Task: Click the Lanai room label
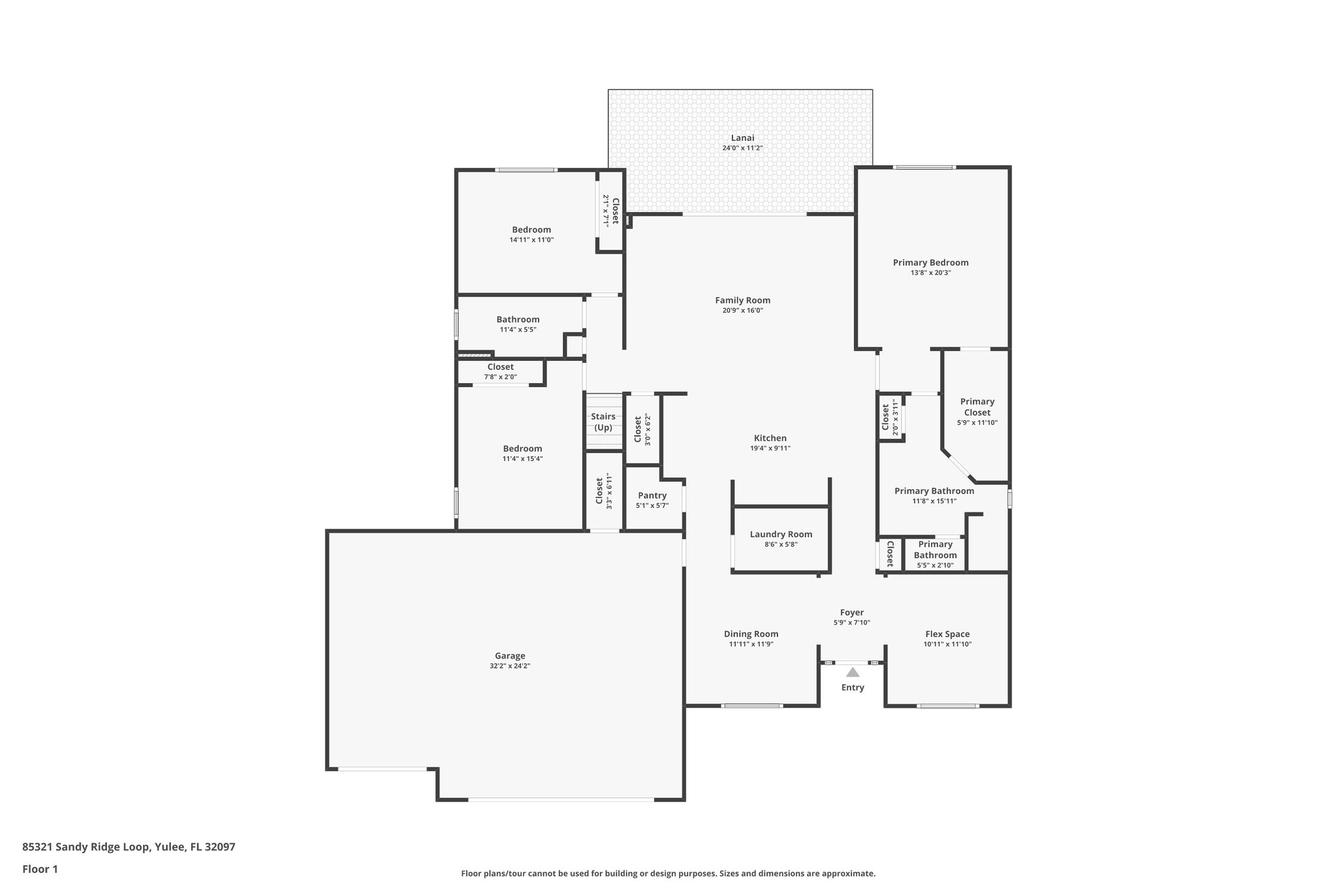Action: pyautogui.click(x=742, y=138)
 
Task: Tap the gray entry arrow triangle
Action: pyautogui.click(x=853, y=672)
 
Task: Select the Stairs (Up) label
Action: pyautogui.click(x=603, y=422)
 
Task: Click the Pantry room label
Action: pyautogui.click(x=652, y=495)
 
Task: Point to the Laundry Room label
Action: pyautogui.click(x=781, y=534)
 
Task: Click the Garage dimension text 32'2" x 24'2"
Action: pyautogui.click(x=509, y=666)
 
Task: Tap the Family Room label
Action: pyautogui.click(x=742, y=300)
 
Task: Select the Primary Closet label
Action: pyautogui.click(x=977, y=407)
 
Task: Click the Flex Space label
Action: pyautogui.click(x=947, y=634)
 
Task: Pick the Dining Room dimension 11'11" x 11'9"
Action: pyautogui.click(x=751, y=644)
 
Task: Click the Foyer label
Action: pyautogui.click(x=851, y=612)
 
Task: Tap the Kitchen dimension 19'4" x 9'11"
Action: pyautogui.click(x=770, y=448)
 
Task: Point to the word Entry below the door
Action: pyautogui.click(x=853, y=687)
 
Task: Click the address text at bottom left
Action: pyautogui.click(x=129, y=847)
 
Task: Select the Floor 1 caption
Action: pyautogui.click(x=40, y=869)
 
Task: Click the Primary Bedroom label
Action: pyautogui.click(x=930, y=262)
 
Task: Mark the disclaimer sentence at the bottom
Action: pyautogui.click(x=668, y=873)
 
